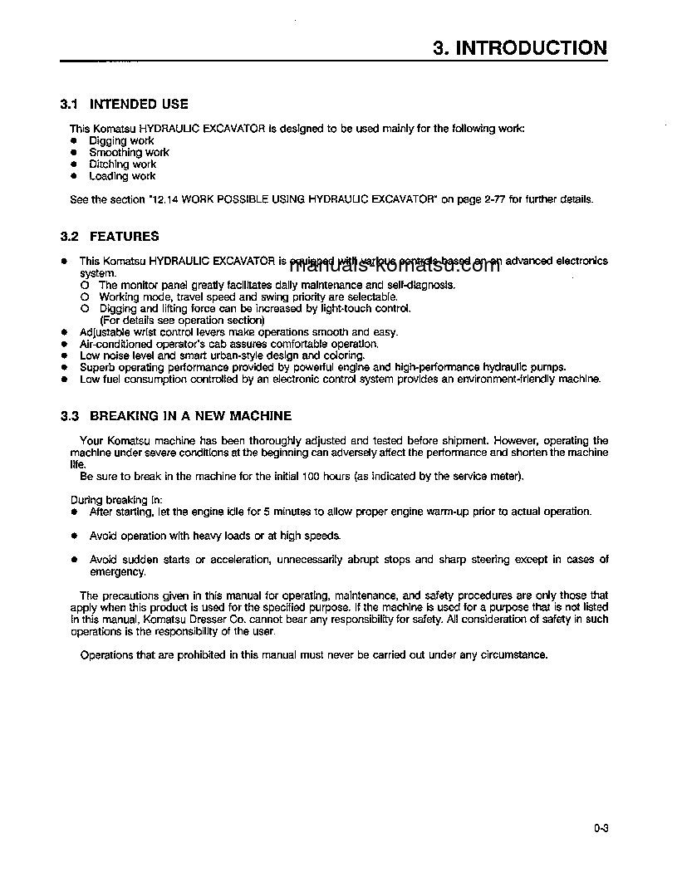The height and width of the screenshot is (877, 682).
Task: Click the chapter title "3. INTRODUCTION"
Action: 520,48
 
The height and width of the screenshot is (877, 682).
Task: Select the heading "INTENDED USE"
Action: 139,105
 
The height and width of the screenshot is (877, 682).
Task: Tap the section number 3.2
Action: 69,237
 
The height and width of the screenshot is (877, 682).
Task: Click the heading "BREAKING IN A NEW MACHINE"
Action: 190,415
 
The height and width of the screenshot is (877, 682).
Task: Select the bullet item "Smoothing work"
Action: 129,153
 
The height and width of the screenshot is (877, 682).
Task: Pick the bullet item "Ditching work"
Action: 122,164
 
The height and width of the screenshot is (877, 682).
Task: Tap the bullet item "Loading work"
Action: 122,176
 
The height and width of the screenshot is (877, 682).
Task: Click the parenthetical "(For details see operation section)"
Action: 182,321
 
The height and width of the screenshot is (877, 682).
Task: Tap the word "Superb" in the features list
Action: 96,367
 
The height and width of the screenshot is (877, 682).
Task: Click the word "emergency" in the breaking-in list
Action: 117,571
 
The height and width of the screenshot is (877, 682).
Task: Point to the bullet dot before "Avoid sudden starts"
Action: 74,560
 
